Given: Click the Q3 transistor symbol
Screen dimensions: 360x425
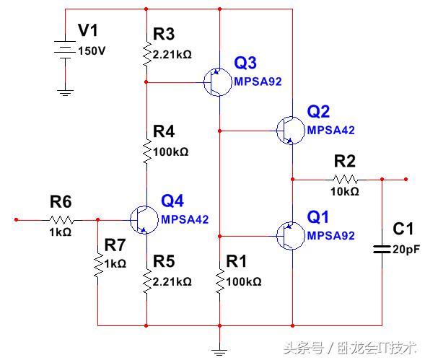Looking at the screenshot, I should pyautogui.click(x=214, y=82).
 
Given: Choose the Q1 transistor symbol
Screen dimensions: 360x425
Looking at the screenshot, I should pyautogui.click(x=288, y=235).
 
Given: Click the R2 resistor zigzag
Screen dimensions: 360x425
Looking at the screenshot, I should pyautogui.click(x=344, y=179).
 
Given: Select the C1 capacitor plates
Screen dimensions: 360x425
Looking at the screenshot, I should pyautogui.click(x=382, y=249).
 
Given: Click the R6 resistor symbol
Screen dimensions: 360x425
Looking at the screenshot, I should pyautogui.click(x=61, y=219).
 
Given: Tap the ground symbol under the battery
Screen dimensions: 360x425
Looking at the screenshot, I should pyautogui.click(x=65, y=91).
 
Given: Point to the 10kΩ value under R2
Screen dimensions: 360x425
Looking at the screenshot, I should pyautogui.click(x=345, y=193).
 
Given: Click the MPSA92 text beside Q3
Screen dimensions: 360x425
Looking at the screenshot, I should pyautogui.click(x=258, y=82).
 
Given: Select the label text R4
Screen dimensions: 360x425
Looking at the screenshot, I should pyautogui.click(x=163, y=132).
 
